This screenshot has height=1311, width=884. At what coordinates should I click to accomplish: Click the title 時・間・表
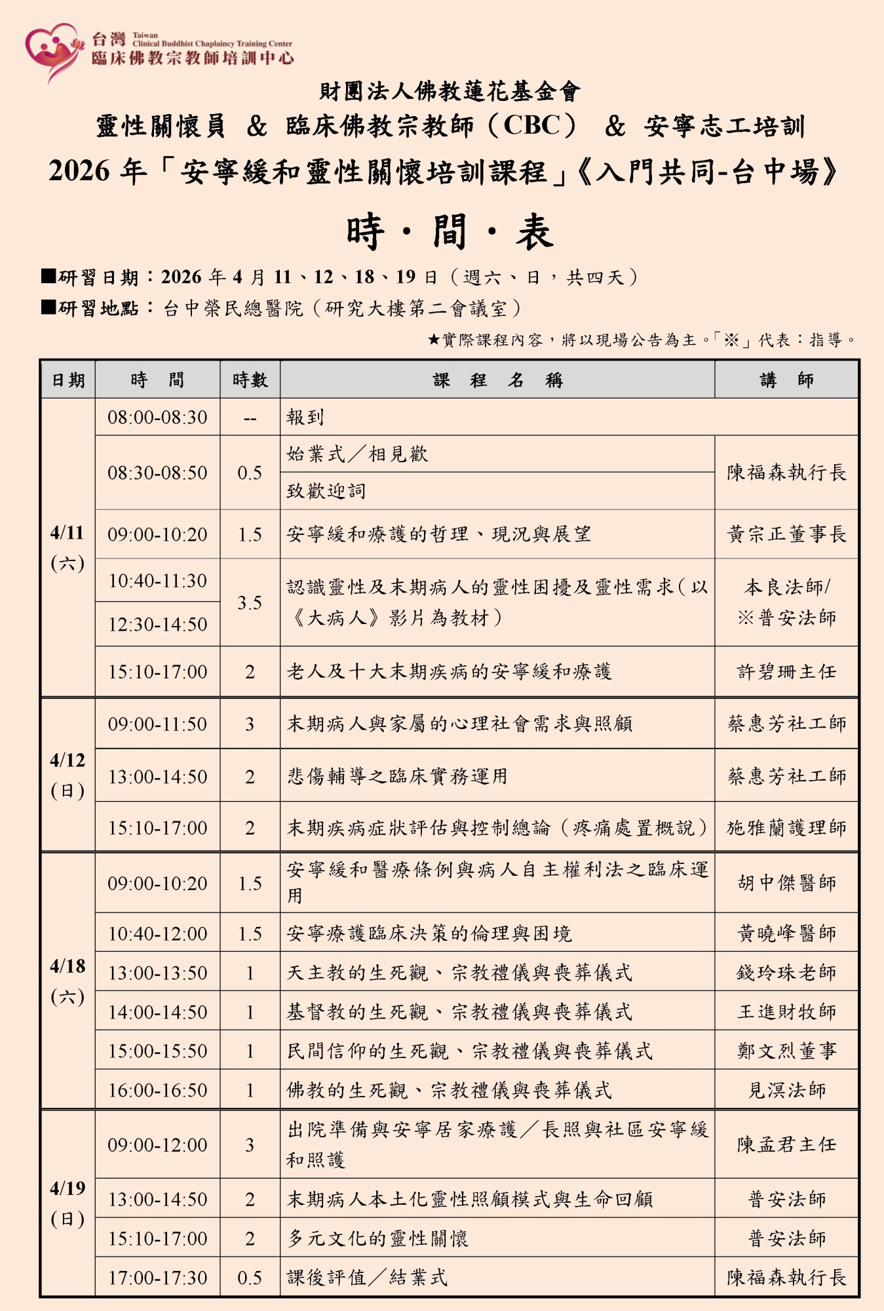pyautogui.click(x=450, y=232)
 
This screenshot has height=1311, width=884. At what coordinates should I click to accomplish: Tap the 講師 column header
pyautogui.click(x=786, y=380)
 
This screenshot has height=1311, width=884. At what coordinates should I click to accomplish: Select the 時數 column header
pyautogui.click(x=250, y=380)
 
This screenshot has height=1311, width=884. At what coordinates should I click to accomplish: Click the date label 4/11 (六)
pyautogui.click(x=67, y=547)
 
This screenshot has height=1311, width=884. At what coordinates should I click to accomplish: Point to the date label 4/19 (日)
pyautogui.click(x=67, y=1203)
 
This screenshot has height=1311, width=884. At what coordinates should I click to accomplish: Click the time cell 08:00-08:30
pyautogui.click(x=157, y=417)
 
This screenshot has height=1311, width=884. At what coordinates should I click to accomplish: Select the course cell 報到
pyautogui.click(x=305, y=417)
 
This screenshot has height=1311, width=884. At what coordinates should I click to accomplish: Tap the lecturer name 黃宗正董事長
pyautogui.click(x=786, y=534)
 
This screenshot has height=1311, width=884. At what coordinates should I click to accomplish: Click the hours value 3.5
pyautogui.click(x=250, y=602)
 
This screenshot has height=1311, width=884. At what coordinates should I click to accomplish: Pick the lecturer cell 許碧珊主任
pyautogui.click(x=786, y=672)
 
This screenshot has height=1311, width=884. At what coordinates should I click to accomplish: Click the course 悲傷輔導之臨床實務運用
pyautogui.click(x=397, y=776)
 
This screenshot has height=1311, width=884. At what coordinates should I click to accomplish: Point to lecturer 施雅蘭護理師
pyautogui.click(x=786, y=828)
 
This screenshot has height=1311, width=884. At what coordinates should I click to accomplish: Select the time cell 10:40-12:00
pyautogui.click(x=157, y=933)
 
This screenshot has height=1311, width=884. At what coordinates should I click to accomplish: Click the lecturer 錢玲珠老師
pyautogui.click(x=786, y=973)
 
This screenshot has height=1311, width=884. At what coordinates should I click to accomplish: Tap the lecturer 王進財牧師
pyautogui.click(x=786, y=1012)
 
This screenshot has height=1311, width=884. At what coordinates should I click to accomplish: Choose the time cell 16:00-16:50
pyautogui.click(x=157, y=1090)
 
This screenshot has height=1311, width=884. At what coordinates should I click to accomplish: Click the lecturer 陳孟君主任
pyautogui.click(x=786, y=1145)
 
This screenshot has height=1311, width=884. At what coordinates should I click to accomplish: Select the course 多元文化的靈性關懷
pyautogui.click(x=377, y=1238)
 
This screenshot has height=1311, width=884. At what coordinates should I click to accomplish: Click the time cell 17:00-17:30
pyautogui.click(x=157, y=1278)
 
